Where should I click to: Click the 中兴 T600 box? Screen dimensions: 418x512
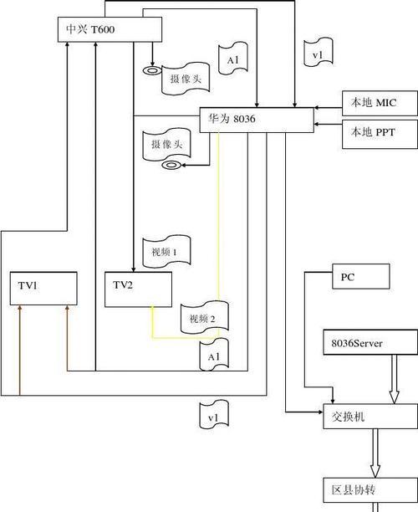[110, 29]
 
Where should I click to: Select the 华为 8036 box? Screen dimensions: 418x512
[257, 120]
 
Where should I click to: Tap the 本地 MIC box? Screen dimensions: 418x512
[380, 103]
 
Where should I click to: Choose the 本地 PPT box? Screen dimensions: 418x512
[380, 134]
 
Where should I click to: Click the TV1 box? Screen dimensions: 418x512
[43, 289]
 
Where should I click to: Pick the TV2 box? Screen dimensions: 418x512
[138, 289]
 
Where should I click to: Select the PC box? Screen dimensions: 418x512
[361, 276]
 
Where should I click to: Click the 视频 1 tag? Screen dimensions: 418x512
[166, 252]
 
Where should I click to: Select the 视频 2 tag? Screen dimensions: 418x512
[204, 318]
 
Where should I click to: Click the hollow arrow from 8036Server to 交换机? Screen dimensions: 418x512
[395, 379]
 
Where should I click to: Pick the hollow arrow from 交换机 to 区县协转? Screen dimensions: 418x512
[375, 453]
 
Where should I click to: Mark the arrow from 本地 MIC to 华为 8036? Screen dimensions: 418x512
[328, 107]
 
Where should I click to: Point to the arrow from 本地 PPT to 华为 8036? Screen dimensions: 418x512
[328, 124]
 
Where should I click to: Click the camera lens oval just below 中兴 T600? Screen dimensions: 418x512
[151, 70]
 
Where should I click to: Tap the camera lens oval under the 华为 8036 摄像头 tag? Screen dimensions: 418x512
[171, 165]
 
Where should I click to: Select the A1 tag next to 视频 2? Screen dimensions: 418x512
[214, 356]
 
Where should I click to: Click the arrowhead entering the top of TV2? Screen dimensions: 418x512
[133, 269]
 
